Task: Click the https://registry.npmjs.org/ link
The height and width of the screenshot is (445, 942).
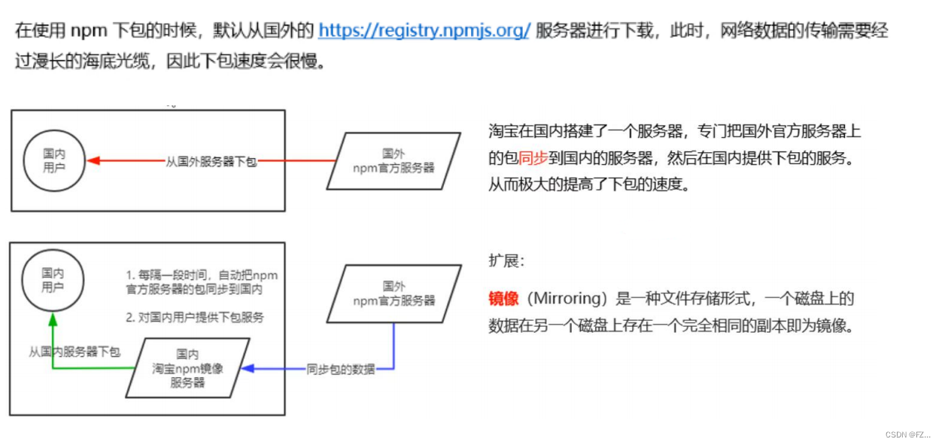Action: (424, 31)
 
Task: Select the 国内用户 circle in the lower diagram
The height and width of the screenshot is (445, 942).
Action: (53, 280)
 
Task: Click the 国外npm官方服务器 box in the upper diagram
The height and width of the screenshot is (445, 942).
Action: (394, 160)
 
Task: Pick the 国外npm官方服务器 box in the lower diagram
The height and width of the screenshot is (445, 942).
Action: (394, 293)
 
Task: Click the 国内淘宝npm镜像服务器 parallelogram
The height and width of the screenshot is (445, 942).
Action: (187, 368)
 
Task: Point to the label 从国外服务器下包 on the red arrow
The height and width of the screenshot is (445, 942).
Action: (211, 161)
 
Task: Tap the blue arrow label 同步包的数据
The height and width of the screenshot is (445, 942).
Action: (340, 369)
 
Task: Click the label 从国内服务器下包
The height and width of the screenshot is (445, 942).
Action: (74, 352)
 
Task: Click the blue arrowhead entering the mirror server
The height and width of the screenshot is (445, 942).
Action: (246, 368)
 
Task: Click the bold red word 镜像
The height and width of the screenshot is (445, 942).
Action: (503, 299)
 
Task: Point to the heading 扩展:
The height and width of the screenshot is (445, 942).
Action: (506, 261)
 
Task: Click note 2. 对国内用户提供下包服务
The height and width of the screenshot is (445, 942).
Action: (195, 317)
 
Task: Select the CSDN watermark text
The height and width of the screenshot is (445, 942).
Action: (907, 434)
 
